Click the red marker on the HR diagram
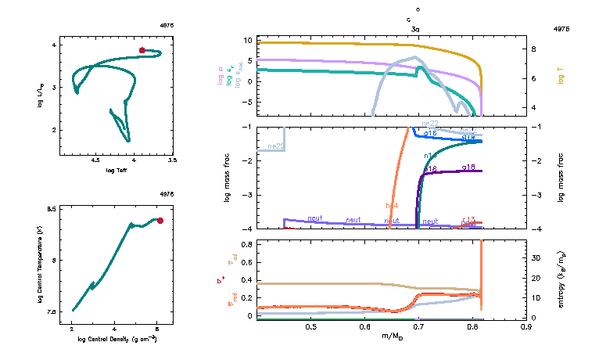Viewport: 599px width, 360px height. [x=142, y=50]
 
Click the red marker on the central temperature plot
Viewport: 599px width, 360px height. [x=160, y=221]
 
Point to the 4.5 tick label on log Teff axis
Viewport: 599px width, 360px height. [x=95, y=160]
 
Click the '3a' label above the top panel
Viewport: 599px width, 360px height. [x=415, y=29]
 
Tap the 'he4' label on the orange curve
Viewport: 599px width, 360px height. [x=393, y=206]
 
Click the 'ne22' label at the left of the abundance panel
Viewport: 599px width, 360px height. [x=275, y=146]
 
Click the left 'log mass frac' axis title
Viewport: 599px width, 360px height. [x=228, y=178]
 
